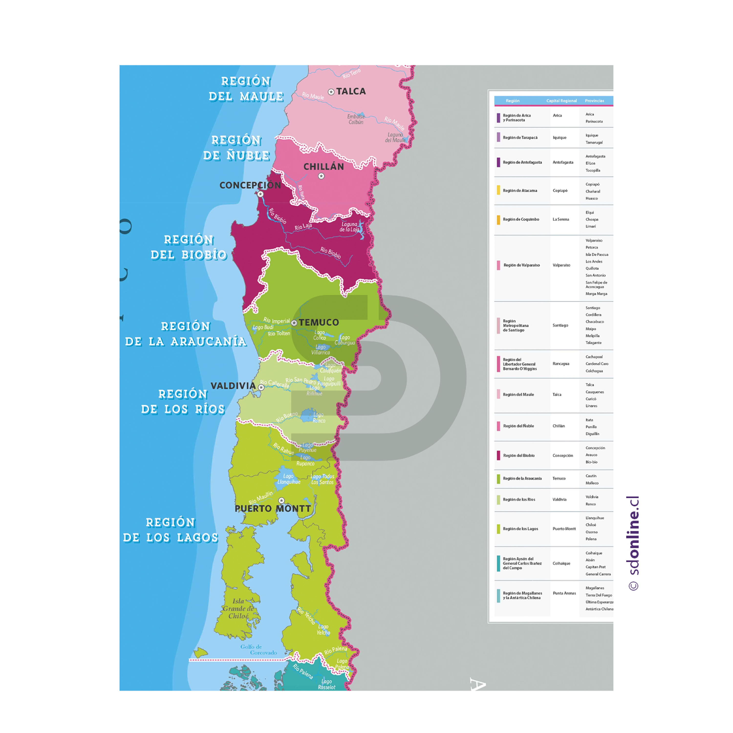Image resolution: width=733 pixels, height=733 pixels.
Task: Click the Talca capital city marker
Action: [x=331, y=92]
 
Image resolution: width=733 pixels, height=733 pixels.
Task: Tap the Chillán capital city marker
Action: [x=321, y=176]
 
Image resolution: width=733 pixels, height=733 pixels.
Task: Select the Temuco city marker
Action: [x=294, y=323]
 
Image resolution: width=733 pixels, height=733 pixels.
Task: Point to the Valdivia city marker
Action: [x=261, y=387]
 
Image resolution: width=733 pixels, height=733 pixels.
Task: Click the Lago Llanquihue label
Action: [x=289, y=479]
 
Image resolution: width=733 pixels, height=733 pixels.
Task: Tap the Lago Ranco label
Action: [x=319, y=418]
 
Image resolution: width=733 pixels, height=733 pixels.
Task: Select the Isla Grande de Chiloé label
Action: [x=238, y=609]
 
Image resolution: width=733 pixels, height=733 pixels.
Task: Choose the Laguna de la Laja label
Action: [x=349, y=227]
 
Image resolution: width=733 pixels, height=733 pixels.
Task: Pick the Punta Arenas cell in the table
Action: [x=564, y=593]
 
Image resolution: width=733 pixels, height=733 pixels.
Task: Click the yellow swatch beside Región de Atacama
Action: [x=498, y=191]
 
